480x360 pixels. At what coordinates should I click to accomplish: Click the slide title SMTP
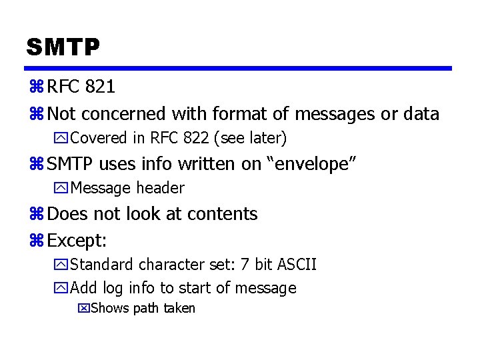pyautogui.click(x=63, y=47)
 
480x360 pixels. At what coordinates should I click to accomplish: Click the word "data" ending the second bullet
pyautogui.click(x=421, y=114)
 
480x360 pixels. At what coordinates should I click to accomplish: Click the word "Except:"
pyautogui.click(x=77, y=239)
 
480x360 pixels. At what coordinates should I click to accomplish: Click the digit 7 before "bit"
pyautogui.click(x=245, y=265)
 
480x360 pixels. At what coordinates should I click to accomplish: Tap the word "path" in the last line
pyautogui.click(x=145, y=308)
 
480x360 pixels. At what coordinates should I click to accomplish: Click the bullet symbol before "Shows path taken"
pyautogui.click(x=83, y=308)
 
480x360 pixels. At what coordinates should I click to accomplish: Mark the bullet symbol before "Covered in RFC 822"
pyautogui.click(x=61, y=139)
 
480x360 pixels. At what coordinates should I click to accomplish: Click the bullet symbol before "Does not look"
pyautogui.click(x=36, y=215)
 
